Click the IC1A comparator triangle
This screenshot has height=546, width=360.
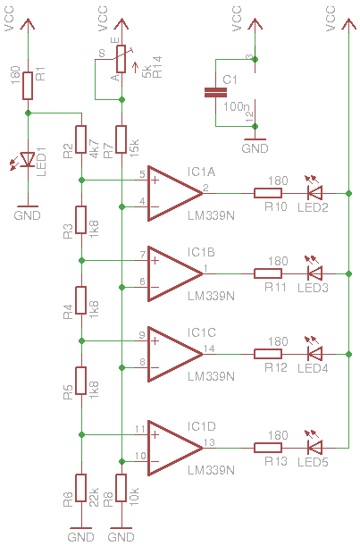(175, 194)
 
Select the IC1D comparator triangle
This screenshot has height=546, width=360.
(175, 448)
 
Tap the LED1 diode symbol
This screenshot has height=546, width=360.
(27, 159)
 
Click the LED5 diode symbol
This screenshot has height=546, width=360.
(314, 448)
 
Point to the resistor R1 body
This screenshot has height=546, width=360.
(28, 86)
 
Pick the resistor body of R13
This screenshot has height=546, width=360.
(268, 448)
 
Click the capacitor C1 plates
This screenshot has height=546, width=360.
(215, 93)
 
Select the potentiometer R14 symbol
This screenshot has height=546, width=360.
(121, 60)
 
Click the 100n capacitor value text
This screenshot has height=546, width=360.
(236, 106)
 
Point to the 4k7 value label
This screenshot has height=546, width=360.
(95, 148)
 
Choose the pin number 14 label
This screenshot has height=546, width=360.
(209, 349)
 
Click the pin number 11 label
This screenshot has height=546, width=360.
(140, 429)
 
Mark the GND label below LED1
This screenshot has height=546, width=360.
(28, 215)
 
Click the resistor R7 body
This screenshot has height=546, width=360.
(121, 139)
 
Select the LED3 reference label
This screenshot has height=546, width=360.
(313, 288)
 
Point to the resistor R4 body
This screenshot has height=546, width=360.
(81, 300)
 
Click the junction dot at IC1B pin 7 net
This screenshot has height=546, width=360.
(82, 260)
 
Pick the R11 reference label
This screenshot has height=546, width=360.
(276, 287)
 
